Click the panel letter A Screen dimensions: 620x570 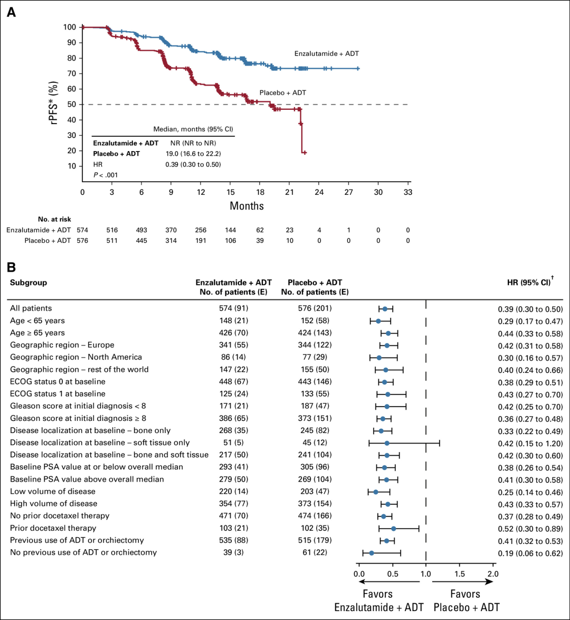[x=11, y=12]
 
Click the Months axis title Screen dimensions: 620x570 [x=246, y=205]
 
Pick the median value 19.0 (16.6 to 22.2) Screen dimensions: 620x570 [x=193, y=153]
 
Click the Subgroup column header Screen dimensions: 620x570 [x=28, y=283]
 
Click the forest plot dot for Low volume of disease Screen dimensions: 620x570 [x=376, y=492]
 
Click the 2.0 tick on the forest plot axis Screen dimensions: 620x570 [x=492, y=574]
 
